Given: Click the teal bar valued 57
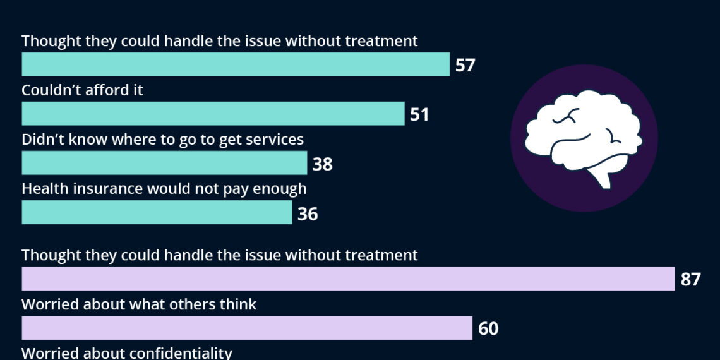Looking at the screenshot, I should (x=236, y=64).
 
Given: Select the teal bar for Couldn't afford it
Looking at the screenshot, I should (x=213, y=114).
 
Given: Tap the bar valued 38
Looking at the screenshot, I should (x=164, y=163).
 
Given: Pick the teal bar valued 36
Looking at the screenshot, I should (x=157, y=213).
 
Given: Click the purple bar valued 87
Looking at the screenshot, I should (x=348, y=279).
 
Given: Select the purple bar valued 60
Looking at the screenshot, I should (x=247, y=328).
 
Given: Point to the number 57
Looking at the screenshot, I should (x=465, y=65).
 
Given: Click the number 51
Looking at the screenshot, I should (x=419, y=114).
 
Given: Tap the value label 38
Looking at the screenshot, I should (x=322, y=164).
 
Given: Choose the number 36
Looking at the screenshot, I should (x=308, y=214).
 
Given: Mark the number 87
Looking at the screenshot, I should (x=690, y=279).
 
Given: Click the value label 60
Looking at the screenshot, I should (x=488, y=328).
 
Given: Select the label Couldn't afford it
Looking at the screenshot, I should (x=82, y=90).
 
